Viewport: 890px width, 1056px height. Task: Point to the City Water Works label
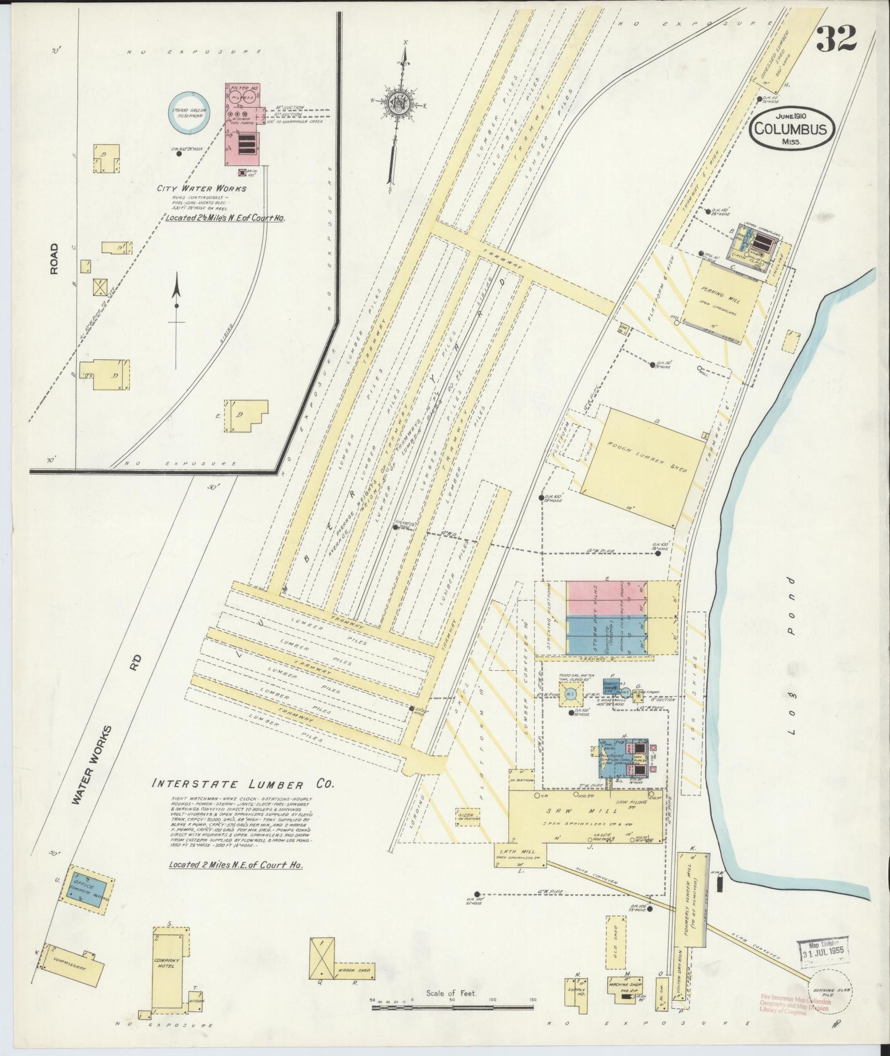tap(201, 188)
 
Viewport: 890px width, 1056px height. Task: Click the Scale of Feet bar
tap(452, 1007)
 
